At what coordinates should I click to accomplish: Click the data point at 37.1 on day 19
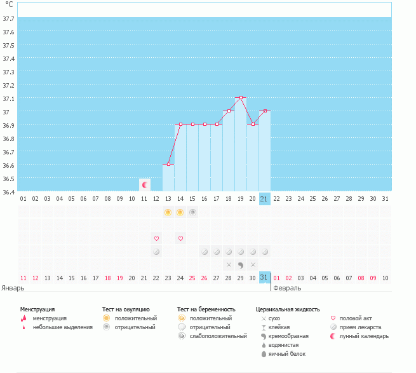point(241,97)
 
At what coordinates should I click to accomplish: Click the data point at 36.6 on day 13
point(168,165)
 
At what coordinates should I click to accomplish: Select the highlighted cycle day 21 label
point(264,199)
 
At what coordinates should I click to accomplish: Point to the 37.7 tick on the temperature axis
point(8,18)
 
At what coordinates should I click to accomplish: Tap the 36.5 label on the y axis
point(8,179)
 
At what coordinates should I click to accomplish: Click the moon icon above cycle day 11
point(145,185)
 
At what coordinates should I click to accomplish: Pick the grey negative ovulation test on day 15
point(192,212)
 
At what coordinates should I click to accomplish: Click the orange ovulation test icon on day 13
point(168,212)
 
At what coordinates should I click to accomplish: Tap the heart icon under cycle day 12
point(156,238)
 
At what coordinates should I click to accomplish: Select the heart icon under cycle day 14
point(180,238)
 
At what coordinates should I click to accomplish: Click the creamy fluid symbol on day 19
point(241,265)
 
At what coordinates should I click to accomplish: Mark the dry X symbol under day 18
point(229,265)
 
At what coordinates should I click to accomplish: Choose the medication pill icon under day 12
point(156,252)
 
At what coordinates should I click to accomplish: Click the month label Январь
point(13,288)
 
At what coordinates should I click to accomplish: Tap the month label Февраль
point(287,288)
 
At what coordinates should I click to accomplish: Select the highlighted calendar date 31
point(264,278)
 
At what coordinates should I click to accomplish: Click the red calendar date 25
point(192,278)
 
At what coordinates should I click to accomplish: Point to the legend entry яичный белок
point(287,354)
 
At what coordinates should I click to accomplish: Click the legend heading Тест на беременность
point(206,309)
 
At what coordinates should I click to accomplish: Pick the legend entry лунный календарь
point(364,336)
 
